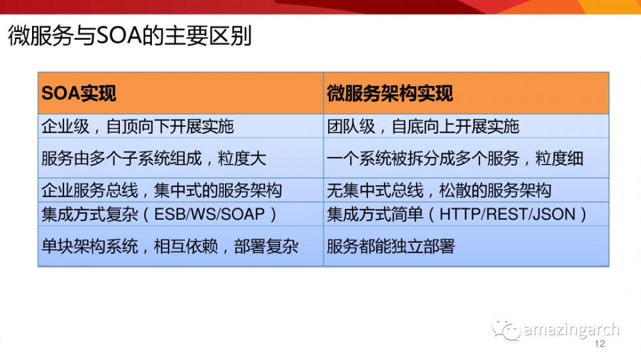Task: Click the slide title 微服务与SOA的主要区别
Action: point(129,36)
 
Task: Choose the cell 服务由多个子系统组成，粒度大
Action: point(153,158)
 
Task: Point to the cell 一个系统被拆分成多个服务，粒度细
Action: point(455,158)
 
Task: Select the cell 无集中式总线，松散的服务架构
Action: point(439,190)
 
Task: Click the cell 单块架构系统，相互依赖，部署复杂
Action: point(170,246)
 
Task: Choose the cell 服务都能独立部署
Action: point(391,246)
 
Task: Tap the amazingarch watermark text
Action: point(571,330)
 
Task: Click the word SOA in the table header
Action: point(60,94)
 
